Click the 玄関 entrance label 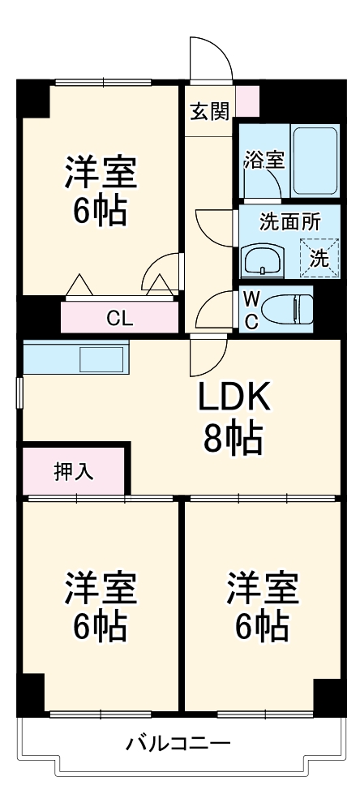(210, 112)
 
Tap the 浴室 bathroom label (264, 159)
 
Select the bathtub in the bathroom (314, 160)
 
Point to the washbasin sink (262, 261)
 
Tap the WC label (251, 311)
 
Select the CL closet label (119, 317)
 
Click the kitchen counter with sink (76, 358)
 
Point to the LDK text (233, 397)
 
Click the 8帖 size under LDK (233, 439)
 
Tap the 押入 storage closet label (74, 471)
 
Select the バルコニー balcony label (178, 743)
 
